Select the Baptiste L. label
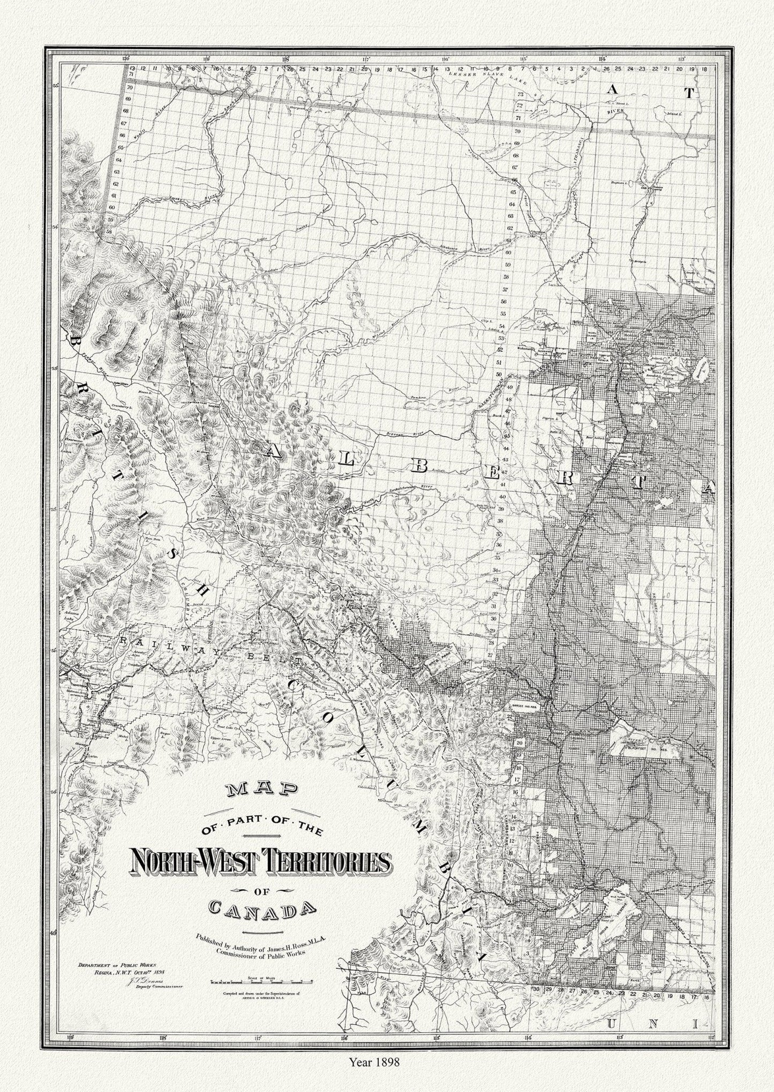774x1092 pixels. point(621,183)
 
